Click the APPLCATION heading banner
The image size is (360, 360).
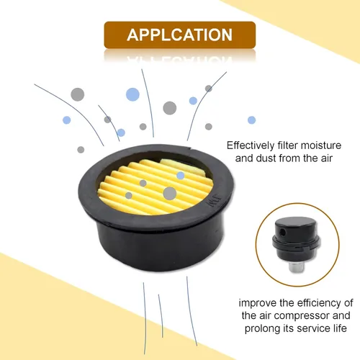(x=180, y=35)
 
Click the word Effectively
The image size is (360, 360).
(x=251, y=145)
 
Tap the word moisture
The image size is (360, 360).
(x=321, y=145)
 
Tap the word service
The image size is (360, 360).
(x=311, y=328)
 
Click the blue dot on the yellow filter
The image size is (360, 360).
(x=181, y=176)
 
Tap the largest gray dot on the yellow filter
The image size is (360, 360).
(x=170, y=193)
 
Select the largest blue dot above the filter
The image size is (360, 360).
(x=132, y=94)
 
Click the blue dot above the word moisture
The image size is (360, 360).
(x=251, y=120)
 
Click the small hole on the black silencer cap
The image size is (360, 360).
(x=283, y=232)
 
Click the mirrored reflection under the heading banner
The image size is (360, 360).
(x=180, y=57)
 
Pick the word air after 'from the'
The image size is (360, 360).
(x=327, y=158)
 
